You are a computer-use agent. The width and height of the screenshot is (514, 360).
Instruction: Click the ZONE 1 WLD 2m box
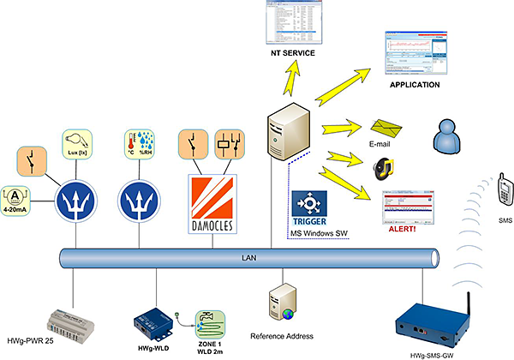pyautogui.click(x=212, y=327)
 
